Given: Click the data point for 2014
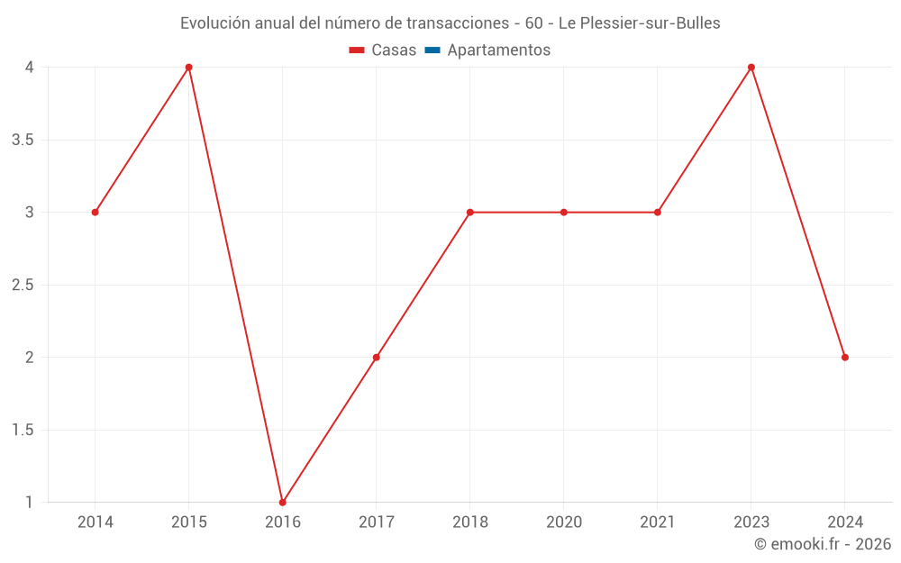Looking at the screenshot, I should point(95,213).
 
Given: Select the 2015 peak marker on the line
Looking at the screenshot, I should point(188,68).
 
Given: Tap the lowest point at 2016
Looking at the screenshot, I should point(282,502).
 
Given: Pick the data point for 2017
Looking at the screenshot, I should point(376,358).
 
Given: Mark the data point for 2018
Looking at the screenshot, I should point(469,213).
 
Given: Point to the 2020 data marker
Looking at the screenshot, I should point(563,213).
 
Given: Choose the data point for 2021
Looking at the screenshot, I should point(657,213).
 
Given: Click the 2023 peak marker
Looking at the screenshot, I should point(751,68).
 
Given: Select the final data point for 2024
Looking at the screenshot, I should point(844,358).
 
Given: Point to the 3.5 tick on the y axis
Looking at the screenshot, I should point(23,140).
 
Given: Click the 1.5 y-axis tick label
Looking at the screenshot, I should point(23,430).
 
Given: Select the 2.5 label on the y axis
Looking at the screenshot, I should point(23,285).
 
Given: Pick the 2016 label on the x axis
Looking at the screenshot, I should point(282,522).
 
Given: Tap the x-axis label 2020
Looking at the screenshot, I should point(563,522).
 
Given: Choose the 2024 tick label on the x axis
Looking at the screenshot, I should point(844,522).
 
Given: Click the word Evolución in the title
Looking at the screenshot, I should point(215,23).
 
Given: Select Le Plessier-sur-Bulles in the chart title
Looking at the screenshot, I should point(640,23).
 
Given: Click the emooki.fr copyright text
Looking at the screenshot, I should point(823,544).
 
